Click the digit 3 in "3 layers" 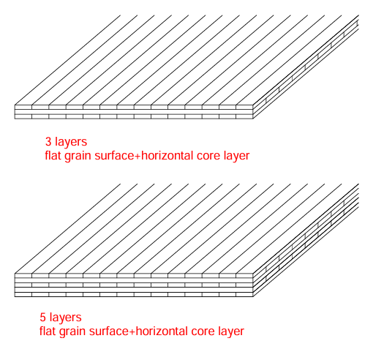pyautogui.click(x=48, y=142)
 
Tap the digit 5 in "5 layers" pyautogui.click(x=43, y=317)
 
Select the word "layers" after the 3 pyautogui.click(x=71, y=142)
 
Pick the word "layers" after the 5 pyautogui.click(x=65, y=318)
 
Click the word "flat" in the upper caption pyautogui.click(x=53, y=156)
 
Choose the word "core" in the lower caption pyautogui.click(x=203, y=331)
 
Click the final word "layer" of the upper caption pyautogui.click(x=236, y=157)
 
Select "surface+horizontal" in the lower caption pyautogui.click(x=138, y=331)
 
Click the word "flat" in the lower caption pyautogui.click(x=48, y=331)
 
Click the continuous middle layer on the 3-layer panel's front pyautogui.click(x=134, y=112)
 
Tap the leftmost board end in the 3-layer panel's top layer pyautogui.click(x=23, y=108)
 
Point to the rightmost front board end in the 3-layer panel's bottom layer pyautogui.click(x=244, y=116)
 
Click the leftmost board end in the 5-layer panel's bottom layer pyautogui.click(x=23, y=295)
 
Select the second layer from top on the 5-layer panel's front pyautogui.click(x=134, y=280)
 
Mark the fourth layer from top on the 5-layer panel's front pyautogui.click(x=134, y=290)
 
